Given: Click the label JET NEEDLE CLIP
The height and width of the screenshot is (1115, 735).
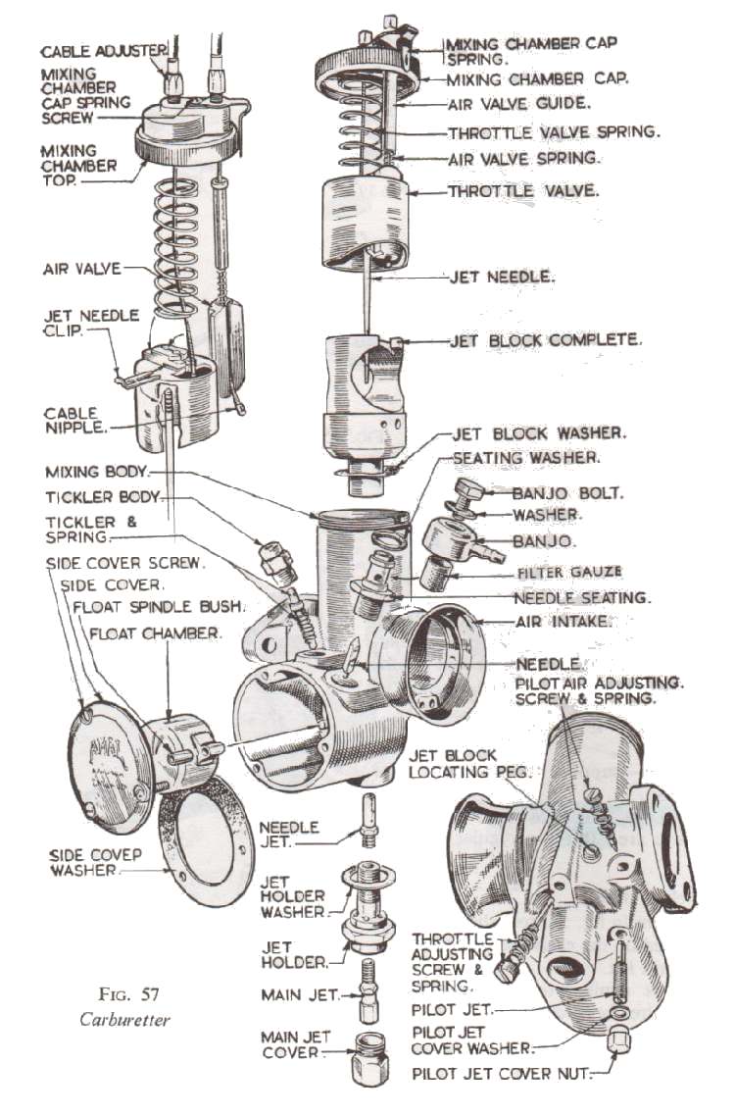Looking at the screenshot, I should pos(91,323).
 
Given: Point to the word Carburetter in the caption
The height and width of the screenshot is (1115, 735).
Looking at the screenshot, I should pos(124,1020).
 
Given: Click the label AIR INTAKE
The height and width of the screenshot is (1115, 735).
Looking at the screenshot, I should pos(563,622).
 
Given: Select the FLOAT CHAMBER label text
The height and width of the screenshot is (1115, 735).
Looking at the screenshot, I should pos(155,634).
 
